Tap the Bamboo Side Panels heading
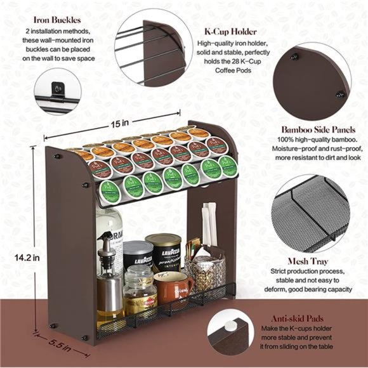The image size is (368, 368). [317, 128]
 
